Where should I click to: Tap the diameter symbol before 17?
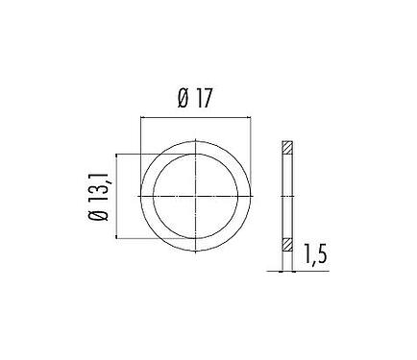tap(184, 98)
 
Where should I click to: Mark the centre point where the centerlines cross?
tap(196, 197)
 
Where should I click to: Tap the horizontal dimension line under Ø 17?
tap(196, 117)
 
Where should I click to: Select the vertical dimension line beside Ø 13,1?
tap(117, 197)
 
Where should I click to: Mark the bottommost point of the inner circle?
tap(196, 239)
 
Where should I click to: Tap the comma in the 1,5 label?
tap(312, 262)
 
